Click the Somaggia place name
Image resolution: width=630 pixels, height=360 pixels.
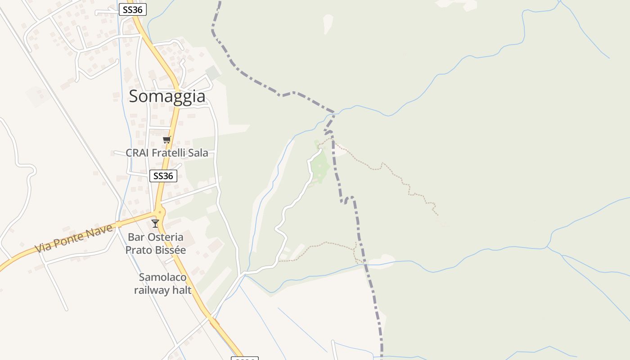(167, 96)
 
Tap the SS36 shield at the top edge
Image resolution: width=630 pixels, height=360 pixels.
(133, 9)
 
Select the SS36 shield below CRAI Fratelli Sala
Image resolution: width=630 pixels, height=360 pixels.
(163, 176)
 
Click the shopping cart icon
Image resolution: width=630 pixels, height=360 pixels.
(167, 140)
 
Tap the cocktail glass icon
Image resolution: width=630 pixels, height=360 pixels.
(155, 223)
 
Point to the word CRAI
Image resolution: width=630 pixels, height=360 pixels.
(137, 153)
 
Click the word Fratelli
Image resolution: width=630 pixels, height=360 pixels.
(168, 153)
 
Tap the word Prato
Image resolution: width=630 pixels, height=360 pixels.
(139, 250)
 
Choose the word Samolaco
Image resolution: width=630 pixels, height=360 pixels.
(162, 277)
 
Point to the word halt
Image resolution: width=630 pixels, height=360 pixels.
(183, 290)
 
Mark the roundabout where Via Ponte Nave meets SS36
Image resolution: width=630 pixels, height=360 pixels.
(159, 212)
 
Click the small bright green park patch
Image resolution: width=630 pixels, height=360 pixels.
(321, 166)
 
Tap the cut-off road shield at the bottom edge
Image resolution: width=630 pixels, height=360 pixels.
(244, 358)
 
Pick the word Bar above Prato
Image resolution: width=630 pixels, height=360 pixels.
(136, 237)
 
